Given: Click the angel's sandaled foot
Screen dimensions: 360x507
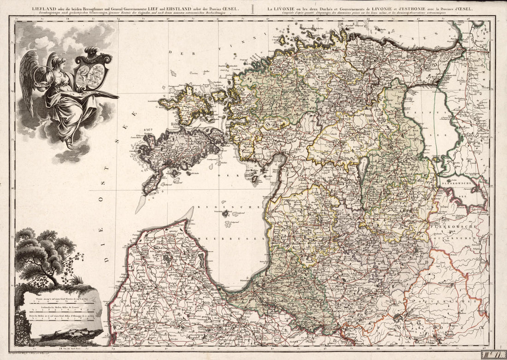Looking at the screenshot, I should (x=69, y=144).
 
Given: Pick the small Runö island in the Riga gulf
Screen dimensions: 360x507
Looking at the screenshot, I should (x=225, y=213).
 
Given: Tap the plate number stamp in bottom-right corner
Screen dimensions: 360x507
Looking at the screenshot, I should (x=493, y=354).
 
